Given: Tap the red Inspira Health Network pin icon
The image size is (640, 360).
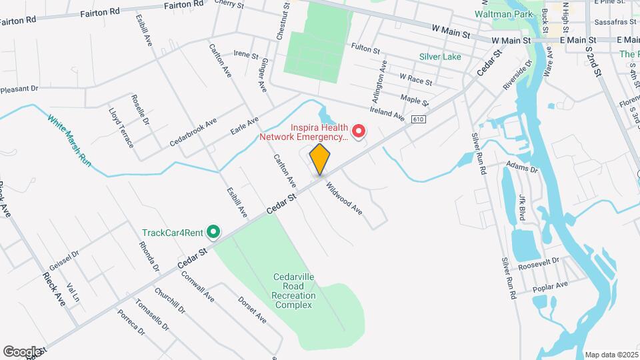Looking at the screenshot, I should [x=359, y=131].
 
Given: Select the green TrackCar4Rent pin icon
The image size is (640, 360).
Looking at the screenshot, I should [x=213, y=232].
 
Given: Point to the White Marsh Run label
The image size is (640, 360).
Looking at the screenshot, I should [x=69, y=141].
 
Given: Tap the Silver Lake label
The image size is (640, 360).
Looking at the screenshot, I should [x=440, y=57].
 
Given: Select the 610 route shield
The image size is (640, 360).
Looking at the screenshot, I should [x=418, y=119].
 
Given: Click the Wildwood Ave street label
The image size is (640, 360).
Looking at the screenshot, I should [x=344, y=198].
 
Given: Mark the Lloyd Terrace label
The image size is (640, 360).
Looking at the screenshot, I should [x=121, y=128].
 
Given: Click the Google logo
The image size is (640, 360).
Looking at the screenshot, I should [x=22, y=351].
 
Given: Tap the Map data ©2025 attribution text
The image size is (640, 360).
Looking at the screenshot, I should [x=611, y=355].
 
